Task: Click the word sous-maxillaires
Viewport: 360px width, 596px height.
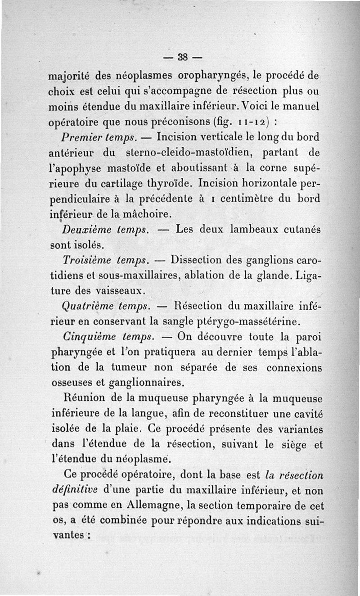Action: pos(128,275)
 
